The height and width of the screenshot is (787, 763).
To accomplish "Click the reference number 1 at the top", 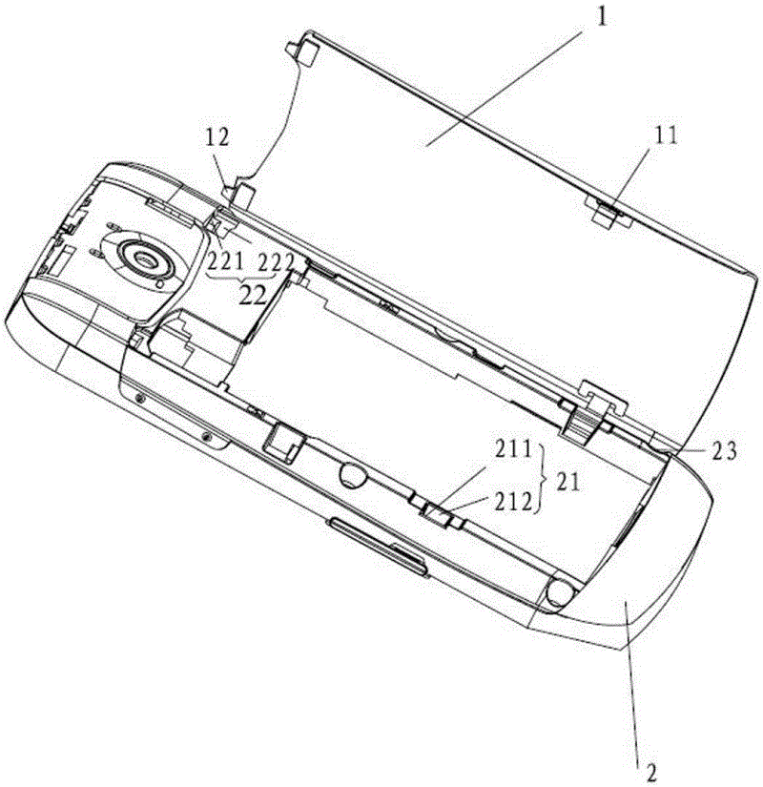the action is point(602,16).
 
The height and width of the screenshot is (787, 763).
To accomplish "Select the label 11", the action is point(666,135).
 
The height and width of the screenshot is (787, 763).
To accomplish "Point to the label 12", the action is point(217,136).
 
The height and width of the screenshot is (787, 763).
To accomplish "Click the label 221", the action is point(226,261).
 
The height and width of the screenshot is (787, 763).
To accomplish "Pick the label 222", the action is point(275,262).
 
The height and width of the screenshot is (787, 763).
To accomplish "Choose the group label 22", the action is point(252,296).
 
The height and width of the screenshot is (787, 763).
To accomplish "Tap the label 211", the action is point(513,449).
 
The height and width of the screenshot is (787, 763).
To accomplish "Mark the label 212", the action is point(513,503).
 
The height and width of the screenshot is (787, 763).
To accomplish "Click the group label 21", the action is point(567,483).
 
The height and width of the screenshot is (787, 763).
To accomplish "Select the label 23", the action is point(724,451).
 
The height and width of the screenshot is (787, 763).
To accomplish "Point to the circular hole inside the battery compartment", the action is point(351,473).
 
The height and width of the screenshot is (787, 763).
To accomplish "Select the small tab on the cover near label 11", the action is point(607,214).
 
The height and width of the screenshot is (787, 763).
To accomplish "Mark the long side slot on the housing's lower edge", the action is point(378,549).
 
